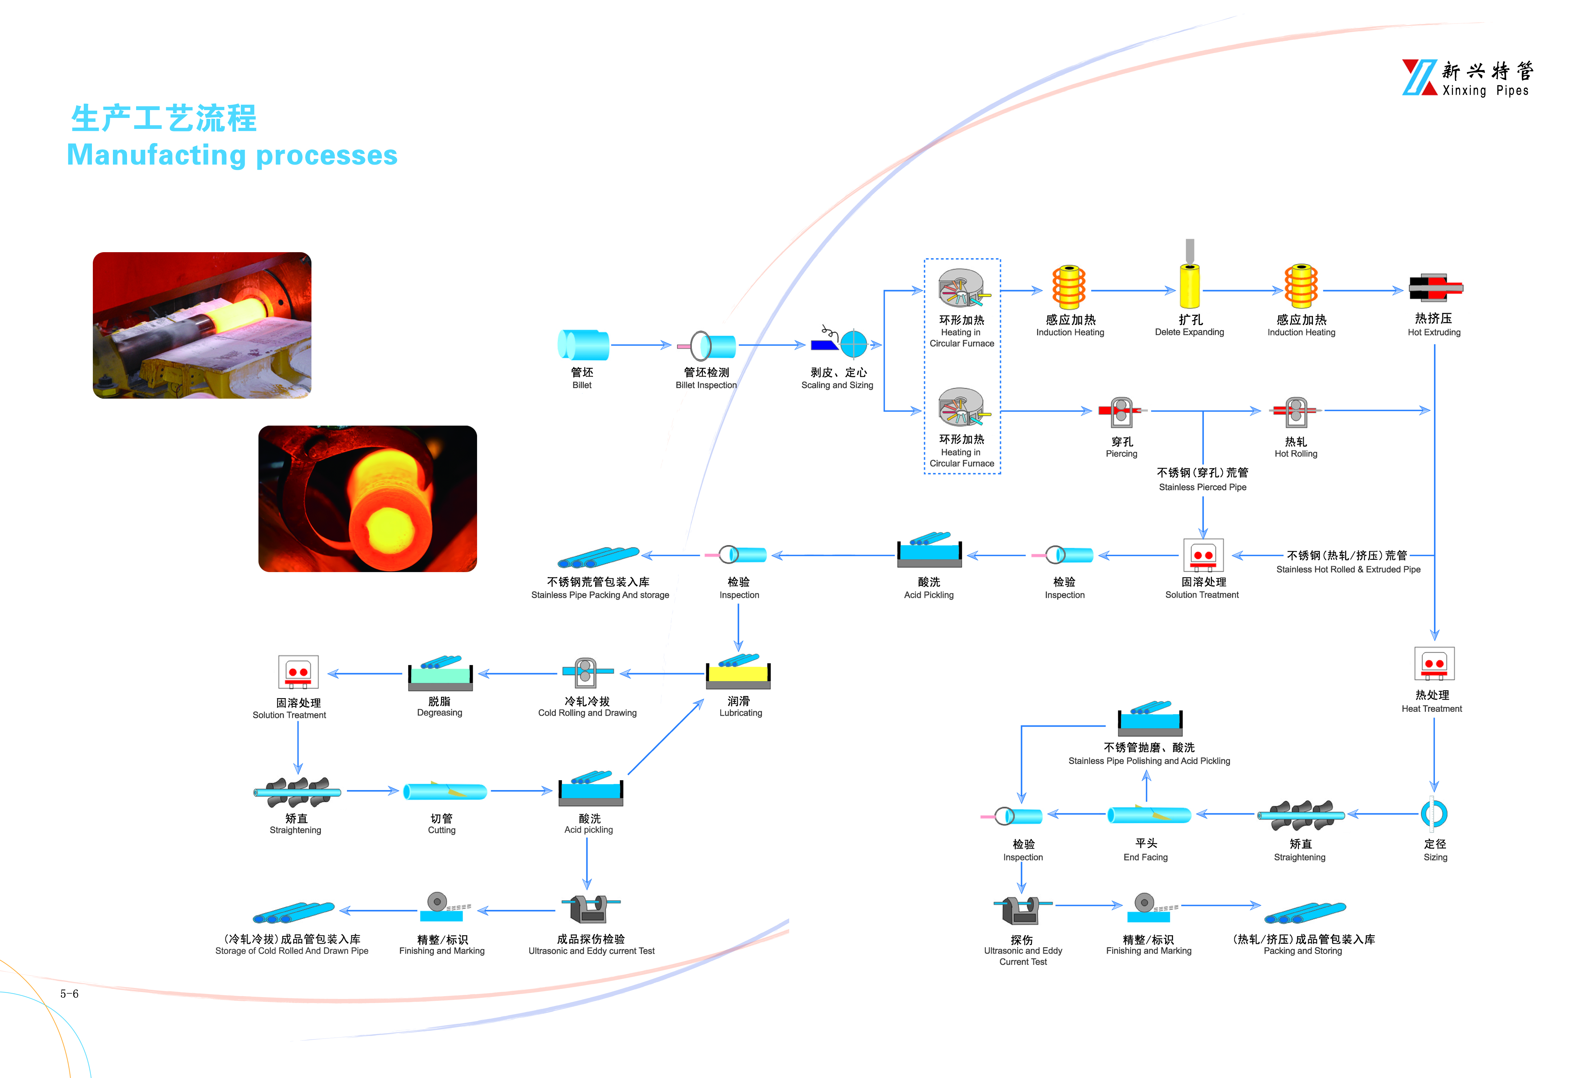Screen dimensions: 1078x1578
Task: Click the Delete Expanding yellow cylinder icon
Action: [1190, 285]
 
